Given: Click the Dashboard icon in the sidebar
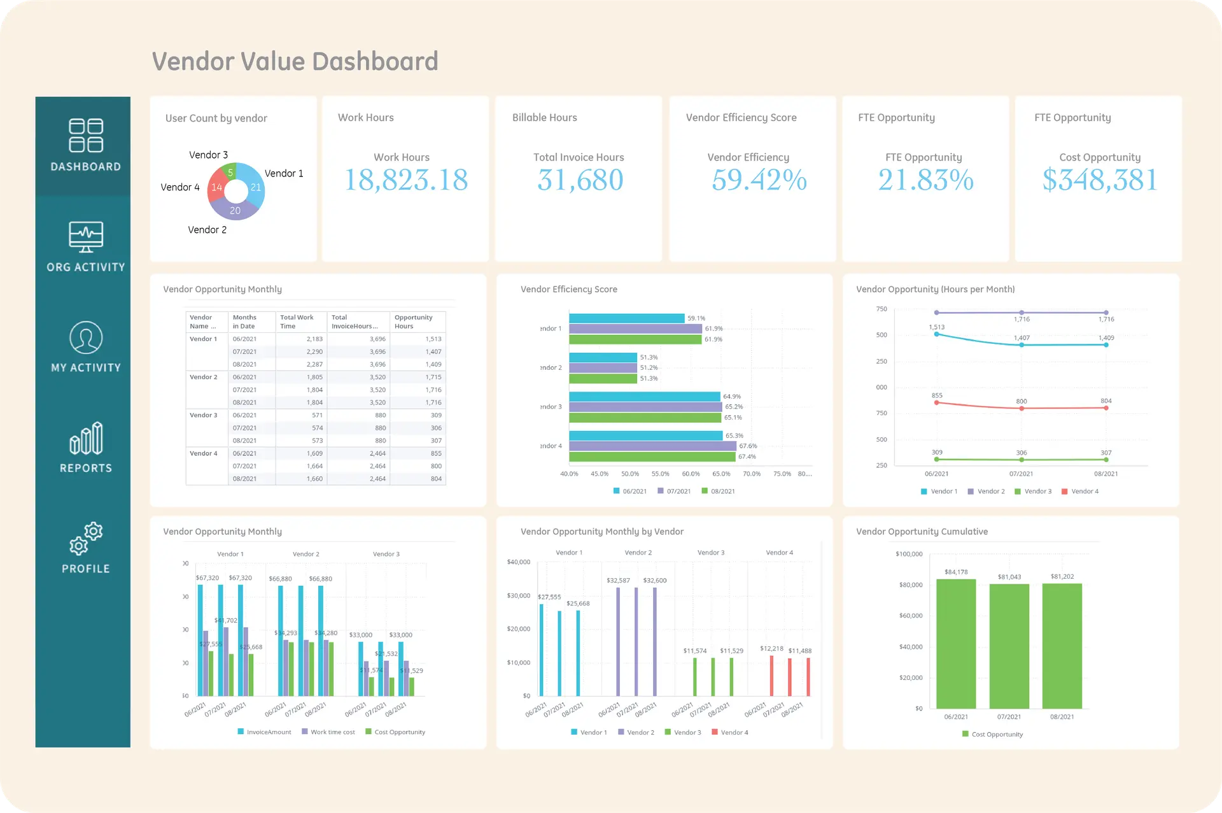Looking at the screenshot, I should tap(86, 136).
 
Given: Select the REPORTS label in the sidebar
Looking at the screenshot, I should tap(86, 468).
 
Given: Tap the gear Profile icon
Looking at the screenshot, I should tap(86, 539).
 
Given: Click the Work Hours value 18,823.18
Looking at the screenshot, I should tap(406, 180).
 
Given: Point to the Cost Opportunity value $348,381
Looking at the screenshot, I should tap(1100, 180).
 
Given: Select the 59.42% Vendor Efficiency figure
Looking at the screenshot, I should tap(759, 180).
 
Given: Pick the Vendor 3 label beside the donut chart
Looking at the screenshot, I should tap(208, 155).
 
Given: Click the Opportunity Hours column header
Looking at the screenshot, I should tap(413, 322).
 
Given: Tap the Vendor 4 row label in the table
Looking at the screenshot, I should tap(204, 453).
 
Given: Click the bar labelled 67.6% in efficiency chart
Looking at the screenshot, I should tap(652, 446).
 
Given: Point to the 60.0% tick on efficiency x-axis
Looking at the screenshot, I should tap(691, 474).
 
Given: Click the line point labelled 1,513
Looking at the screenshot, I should tap(936, 334).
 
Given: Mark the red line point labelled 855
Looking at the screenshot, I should tap(936, 402).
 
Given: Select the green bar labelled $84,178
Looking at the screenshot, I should tap(956, 643).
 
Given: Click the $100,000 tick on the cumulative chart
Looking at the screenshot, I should tap(909, 554).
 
